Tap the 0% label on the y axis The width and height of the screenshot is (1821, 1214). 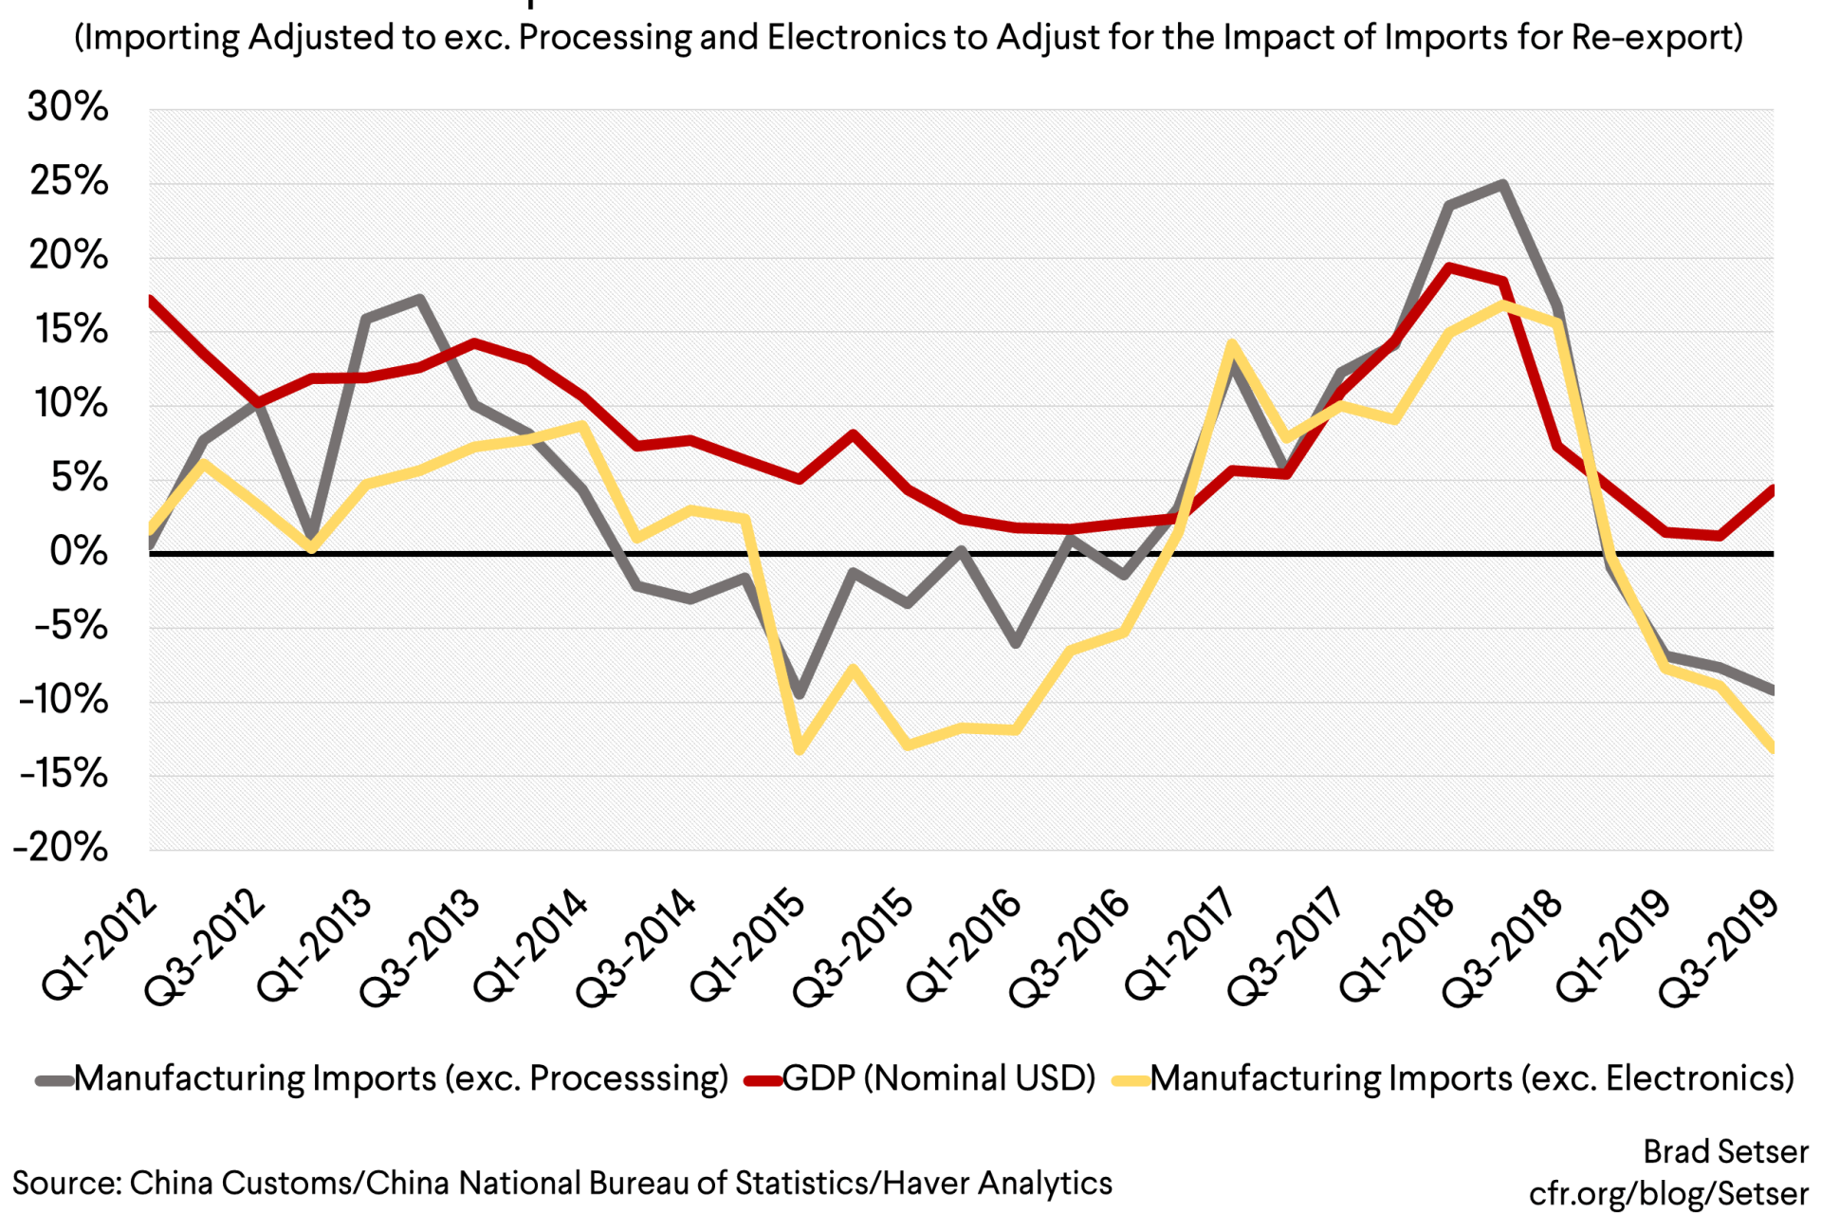[79, 551]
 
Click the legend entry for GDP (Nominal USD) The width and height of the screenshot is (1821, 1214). [939, 1078]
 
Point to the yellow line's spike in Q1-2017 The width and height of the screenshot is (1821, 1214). [1232, 346]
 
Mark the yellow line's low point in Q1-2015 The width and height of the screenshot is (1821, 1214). [800, 749]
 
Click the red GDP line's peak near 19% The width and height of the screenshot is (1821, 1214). [1449, 267]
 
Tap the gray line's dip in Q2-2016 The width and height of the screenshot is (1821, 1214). [1016, 643]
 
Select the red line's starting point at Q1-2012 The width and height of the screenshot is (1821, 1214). [151, 302]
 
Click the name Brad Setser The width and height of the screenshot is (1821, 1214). [1725, 1151]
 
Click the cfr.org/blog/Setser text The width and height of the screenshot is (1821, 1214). [1668, 1193]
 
